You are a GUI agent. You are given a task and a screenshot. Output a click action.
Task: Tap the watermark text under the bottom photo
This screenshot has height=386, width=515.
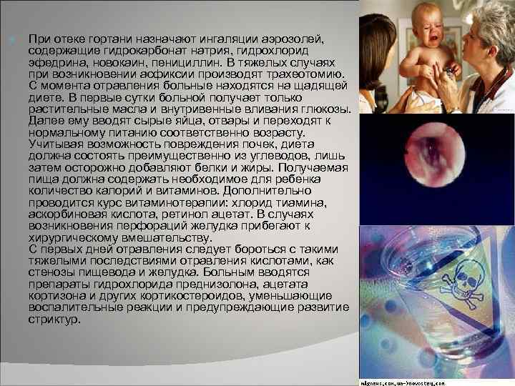438,381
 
